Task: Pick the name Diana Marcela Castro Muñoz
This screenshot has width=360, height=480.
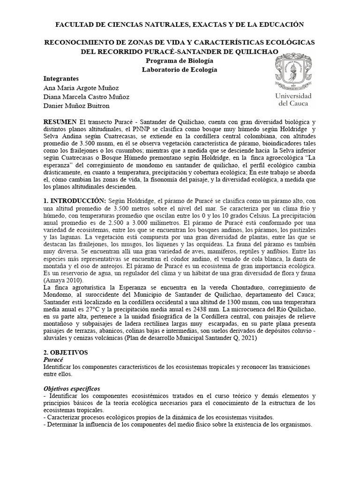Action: click(x=86, y=97)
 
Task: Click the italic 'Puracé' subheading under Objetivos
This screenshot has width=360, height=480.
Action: click(x=54, y=359)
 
